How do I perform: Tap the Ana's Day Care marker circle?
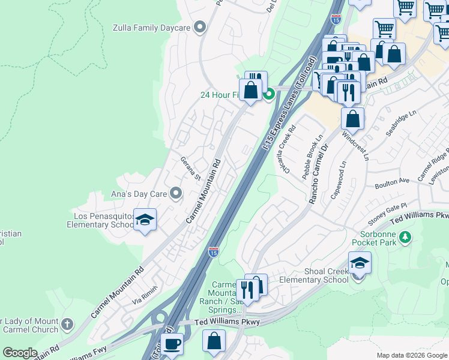click(176, 193)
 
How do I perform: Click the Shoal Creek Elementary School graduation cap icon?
click(359, 263)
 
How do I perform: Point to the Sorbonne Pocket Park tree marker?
click(406, 237)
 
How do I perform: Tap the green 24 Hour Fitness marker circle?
click(270, 94)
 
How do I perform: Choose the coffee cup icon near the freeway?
click(172, 344)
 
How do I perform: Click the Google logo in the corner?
click(20, 353)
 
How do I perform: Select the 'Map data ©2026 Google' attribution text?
click(412, 355)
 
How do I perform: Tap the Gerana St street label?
click(190, 169)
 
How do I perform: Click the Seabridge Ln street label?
click(401, 123)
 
